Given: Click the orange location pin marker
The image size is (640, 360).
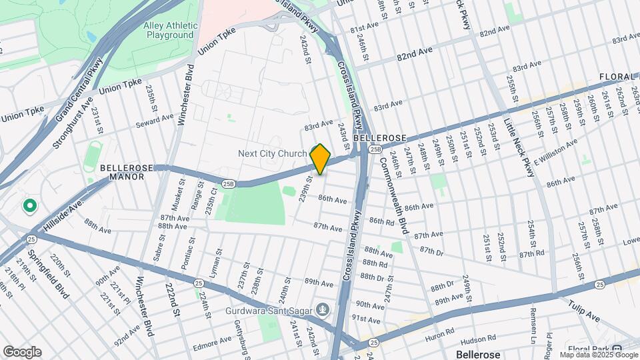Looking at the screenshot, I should click(320, 159).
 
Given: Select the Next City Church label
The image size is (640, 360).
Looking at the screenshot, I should click(273, 153).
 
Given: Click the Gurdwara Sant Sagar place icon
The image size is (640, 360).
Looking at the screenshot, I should click(323, 309).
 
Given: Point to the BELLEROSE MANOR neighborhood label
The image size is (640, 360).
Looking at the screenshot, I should click(122, 172).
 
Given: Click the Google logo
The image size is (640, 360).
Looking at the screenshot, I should click(22, 351).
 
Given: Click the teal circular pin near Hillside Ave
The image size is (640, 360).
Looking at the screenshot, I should click(29, 206).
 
